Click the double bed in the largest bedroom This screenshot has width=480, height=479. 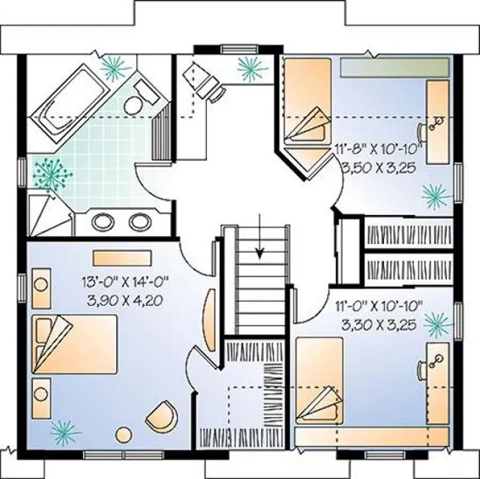pos(74,345)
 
